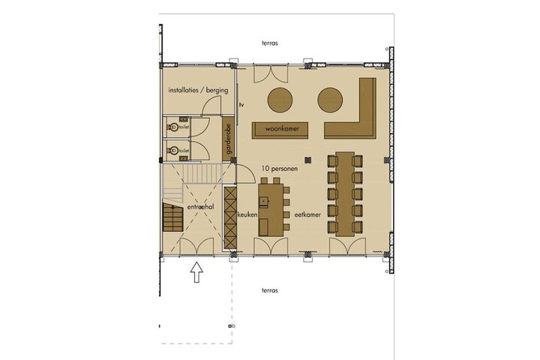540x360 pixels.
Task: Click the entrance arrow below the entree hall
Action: [x=196, y=272]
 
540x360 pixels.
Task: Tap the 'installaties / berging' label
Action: [x=198, y=90]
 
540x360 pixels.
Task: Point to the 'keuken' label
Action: [x=247, y=214]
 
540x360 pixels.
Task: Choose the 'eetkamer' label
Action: [x=307, y=214]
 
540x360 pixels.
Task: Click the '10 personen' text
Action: [x=279, y=169]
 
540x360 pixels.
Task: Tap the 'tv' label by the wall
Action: [x=241, y=105]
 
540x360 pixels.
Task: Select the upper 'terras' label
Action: [x=270, y=43]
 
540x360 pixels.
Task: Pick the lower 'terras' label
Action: [x=270, y=290]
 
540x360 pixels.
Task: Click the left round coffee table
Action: [x=280, y=100]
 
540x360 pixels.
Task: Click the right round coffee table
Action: [x=330, y=100]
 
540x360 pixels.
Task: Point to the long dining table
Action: [x=345, y=194]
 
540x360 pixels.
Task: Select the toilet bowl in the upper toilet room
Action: [x=173, y=127]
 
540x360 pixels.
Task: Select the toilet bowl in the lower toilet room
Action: [x=173, y=151]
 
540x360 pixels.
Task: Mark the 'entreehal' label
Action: [x=200, y=207]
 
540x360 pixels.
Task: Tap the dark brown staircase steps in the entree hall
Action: [x=173, y=217]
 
